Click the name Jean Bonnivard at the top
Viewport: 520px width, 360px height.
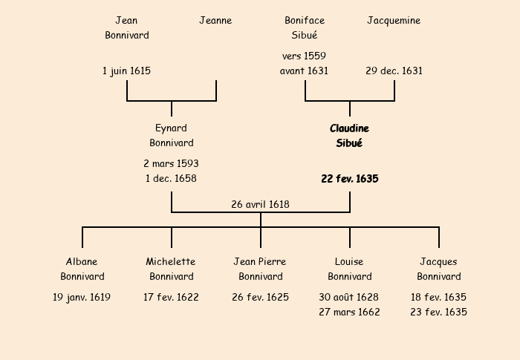click(126, 27)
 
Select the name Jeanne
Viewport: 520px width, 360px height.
click(215, 21)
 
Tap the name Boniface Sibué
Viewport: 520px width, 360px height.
click(305, 27)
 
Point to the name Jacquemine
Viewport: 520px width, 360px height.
click(394, 21)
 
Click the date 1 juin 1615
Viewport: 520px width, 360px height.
click(126, 71)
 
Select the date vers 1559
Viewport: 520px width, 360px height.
click(304, 56)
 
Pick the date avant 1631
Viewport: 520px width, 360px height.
click(304, 71)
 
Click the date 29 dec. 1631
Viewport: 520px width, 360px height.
click(394, 71)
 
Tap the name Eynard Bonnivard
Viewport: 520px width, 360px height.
click(171, 135)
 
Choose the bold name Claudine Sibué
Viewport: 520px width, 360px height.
click(349, 135)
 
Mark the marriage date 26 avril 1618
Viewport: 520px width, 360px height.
click(260, 204)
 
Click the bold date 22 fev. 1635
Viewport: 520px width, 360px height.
click(350, 179)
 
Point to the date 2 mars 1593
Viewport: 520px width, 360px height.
click(171, 163)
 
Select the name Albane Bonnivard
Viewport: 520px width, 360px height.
click(82, 269)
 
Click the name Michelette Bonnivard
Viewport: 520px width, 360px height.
click(171, 269)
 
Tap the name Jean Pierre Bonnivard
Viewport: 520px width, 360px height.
click(260, 269)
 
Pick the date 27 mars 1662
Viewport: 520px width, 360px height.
click(349, 312)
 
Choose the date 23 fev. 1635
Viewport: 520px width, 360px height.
click(438, 312)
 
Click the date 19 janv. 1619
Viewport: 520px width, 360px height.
click(82, 298)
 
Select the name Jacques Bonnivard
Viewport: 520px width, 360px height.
click(438, 269)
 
